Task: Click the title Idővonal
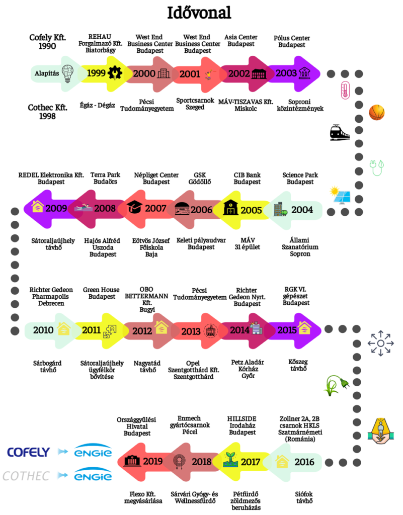point(199,13)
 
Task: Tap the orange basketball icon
point(376,112)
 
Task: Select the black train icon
point(340,132)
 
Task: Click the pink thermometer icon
point(345,90)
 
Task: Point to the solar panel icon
point(341,195)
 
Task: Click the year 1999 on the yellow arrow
point(96,73)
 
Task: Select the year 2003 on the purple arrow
point(286,73)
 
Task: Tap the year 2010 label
point(43,330)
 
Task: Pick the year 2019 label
point(153,461)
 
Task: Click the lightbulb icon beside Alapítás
point(67,73)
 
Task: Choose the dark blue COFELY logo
point(29,452)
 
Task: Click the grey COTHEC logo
point(26,476)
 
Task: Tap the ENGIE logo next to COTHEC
point(93,475)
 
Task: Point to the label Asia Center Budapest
point(241,40)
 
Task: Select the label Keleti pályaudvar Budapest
point(201,244)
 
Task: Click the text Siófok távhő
point(304,497)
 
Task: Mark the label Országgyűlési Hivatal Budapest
point(136,426)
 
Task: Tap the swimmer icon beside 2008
point(84,208)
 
